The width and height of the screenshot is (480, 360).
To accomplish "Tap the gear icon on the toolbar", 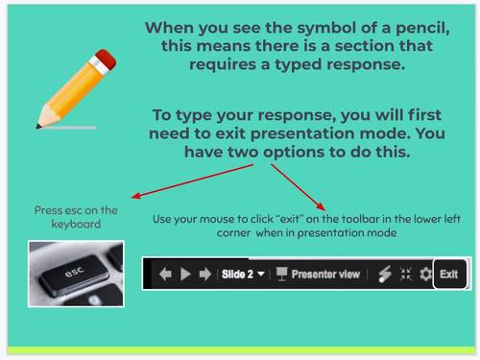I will (x=423, y=274).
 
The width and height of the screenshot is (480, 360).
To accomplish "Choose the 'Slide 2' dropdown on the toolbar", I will (x=242, y=274).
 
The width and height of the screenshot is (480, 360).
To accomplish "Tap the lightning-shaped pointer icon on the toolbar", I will (x=382, y=274).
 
